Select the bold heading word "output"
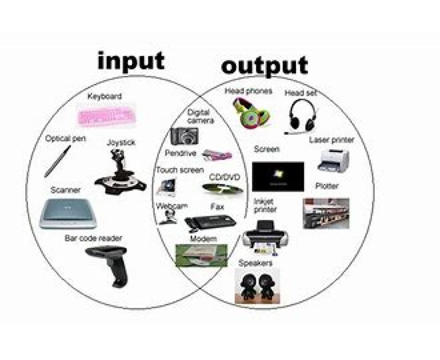264,66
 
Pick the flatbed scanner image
68,214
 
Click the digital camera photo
184,136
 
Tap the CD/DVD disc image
223,189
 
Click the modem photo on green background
201,255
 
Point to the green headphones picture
251,113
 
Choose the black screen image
278,177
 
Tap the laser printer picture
333,161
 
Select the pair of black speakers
257,286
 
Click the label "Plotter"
327,186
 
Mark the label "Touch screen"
180,170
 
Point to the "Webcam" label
172,206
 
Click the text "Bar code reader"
93,238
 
